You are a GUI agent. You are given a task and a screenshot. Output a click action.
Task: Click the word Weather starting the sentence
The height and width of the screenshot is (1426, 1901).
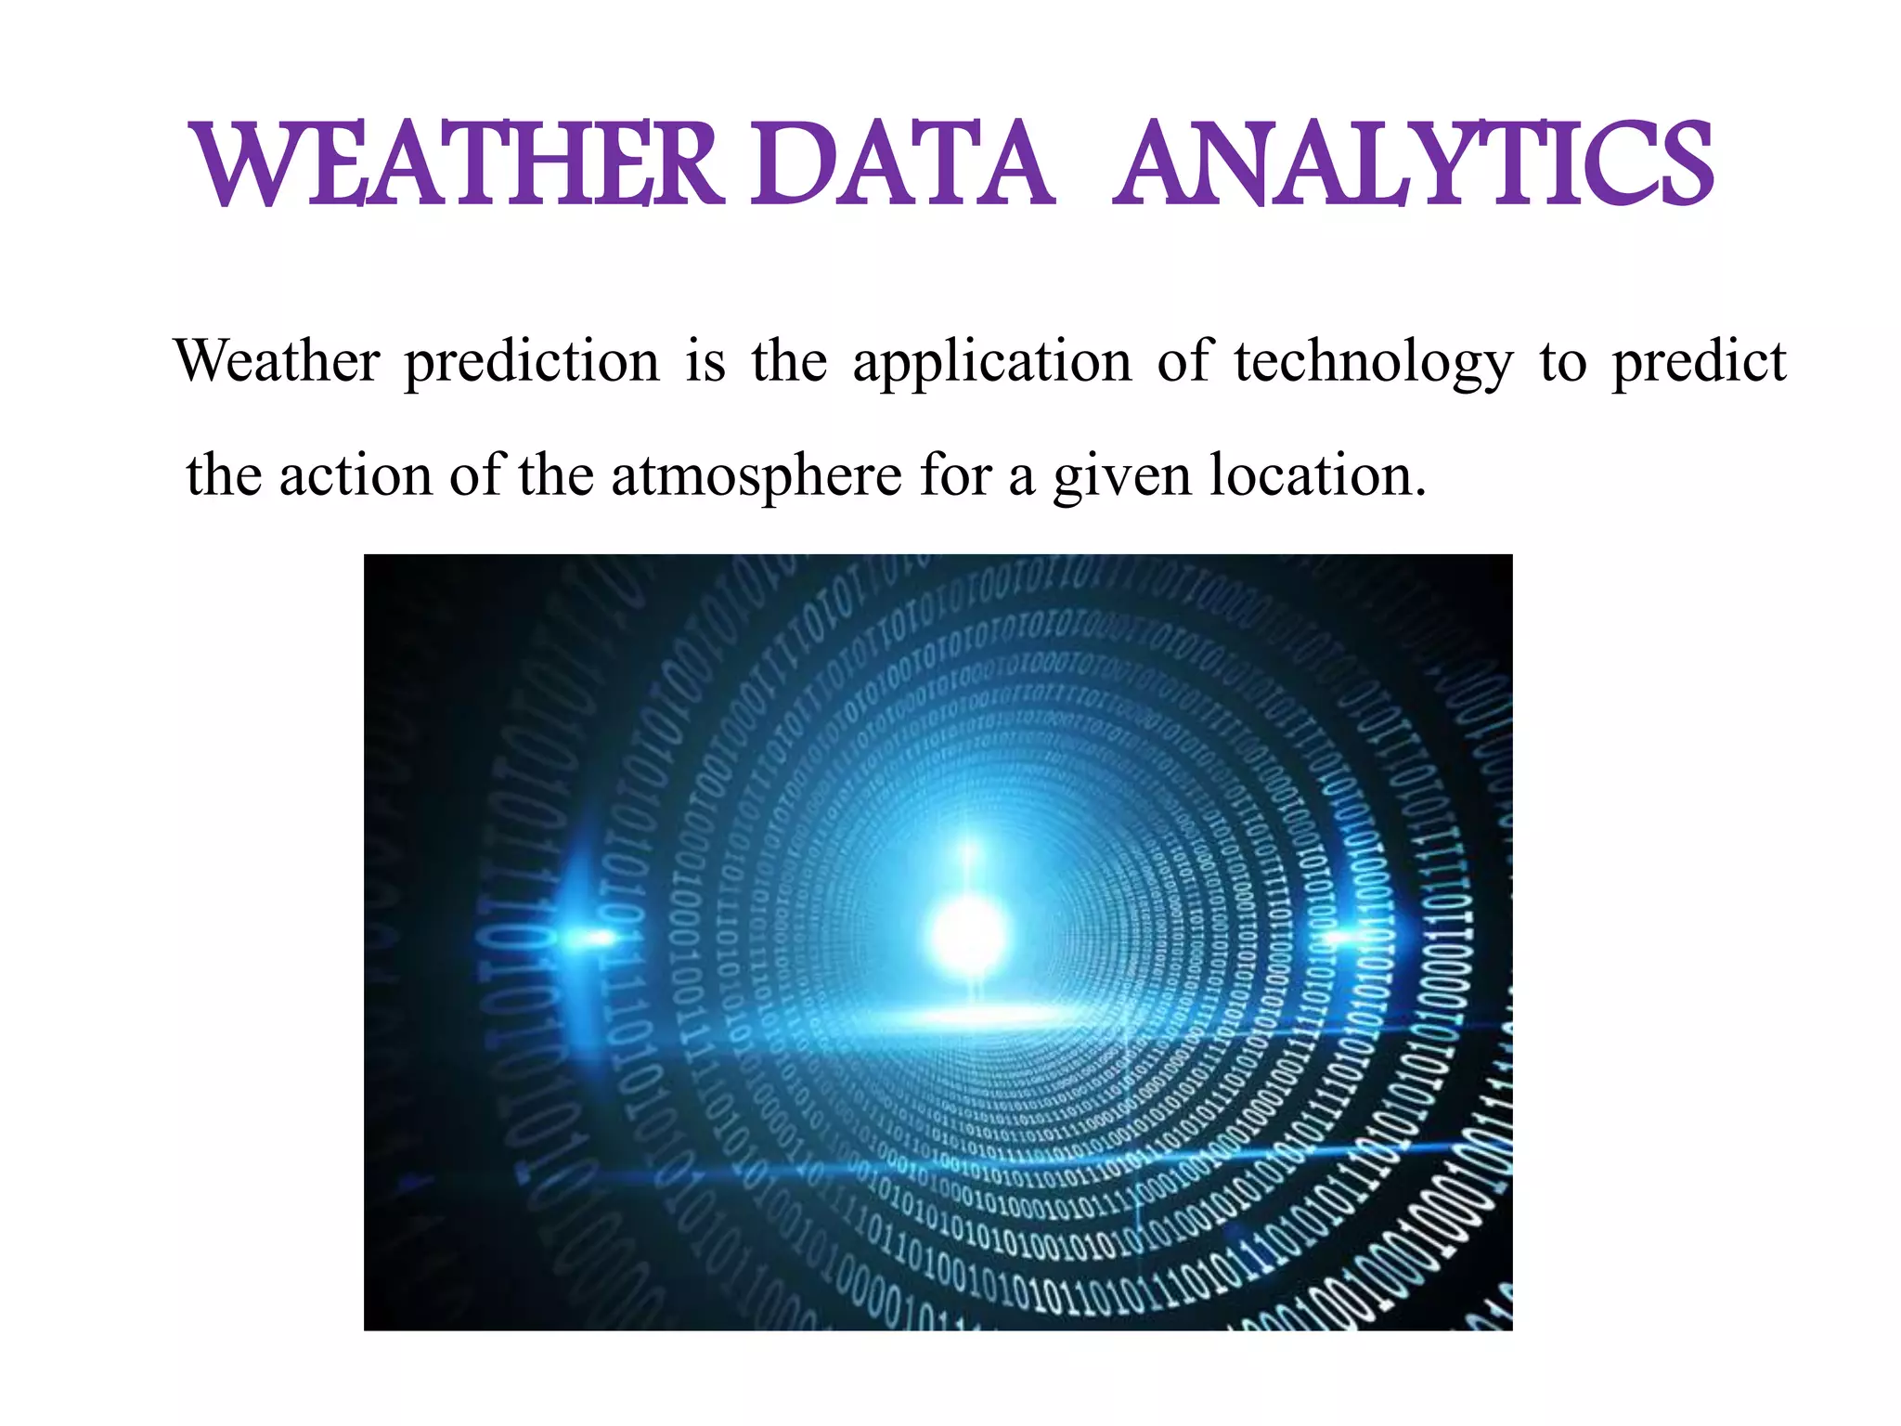coord(277,361)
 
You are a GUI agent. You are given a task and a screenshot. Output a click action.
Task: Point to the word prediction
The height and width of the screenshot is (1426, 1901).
coord(531,363)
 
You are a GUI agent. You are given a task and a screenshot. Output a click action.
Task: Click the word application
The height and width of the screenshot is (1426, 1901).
coord(991,363)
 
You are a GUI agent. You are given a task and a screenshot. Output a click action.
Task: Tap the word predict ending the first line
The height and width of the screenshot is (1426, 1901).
coord(1698,363)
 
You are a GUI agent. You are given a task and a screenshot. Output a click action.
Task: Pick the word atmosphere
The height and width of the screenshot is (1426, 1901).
coord(756,477)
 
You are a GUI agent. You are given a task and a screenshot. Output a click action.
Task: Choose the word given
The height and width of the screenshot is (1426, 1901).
coord(1121,477)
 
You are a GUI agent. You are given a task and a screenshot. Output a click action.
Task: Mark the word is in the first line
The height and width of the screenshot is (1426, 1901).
coord(705,361)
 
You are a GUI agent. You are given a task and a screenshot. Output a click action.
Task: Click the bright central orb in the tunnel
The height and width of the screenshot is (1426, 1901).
coord(968,932)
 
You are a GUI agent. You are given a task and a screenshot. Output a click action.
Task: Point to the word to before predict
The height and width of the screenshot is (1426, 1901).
coord(1562,363)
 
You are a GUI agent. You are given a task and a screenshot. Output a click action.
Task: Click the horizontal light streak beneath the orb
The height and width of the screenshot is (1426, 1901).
coord(975,1018)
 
